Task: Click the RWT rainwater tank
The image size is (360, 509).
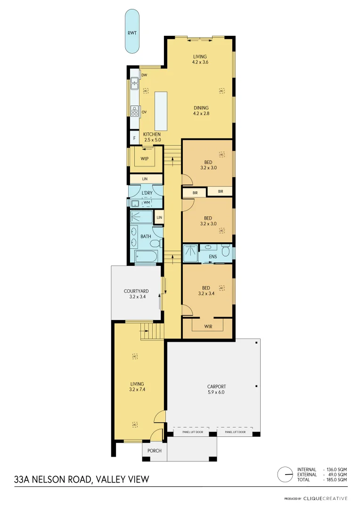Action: click(x=132, y=33)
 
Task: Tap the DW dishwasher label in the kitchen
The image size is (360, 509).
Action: click(x=145, y=75)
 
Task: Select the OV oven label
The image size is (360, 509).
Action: click(x=145, y=112)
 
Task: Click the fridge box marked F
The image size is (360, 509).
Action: click(x=134, y=138)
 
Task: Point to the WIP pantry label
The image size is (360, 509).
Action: click(x=145, y=159)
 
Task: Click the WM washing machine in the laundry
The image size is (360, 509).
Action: click(x=147, y=203)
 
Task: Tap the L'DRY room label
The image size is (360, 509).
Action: click(x=147, y=193)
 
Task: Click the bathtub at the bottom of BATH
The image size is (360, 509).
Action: click(x=146, y=257)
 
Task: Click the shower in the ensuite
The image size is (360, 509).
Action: click(x=190, y=253)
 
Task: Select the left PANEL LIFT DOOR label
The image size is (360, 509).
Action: click(x=192, y=432)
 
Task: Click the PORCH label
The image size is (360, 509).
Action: click(x=154, y=451)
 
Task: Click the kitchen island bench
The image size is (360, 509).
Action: click(x=160, y=111)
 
